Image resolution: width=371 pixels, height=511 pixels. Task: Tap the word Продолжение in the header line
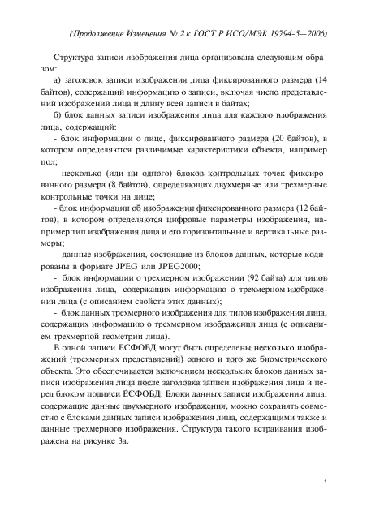[99, 36]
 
